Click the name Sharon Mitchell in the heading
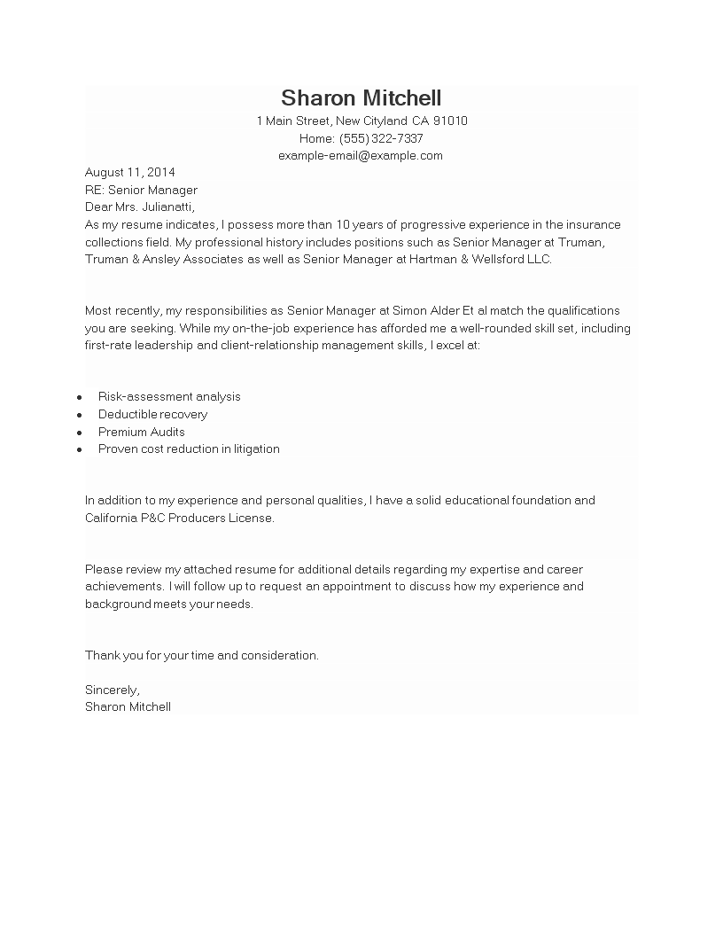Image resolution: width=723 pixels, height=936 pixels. click(361, 98)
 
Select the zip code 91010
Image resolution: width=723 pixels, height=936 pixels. click(451, 121)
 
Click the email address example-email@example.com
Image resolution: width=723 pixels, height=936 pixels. click(361, 156)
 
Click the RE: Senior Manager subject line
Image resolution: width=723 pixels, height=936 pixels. click(141, 190)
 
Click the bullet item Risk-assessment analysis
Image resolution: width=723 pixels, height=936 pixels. click(169, 397)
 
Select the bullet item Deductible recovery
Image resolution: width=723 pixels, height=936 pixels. click(152, 415)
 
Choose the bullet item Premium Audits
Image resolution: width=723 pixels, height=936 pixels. click(142, 432)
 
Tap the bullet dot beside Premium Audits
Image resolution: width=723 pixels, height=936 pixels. click(80, 433)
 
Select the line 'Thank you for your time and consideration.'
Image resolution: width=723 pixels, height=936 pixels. click(202, 656)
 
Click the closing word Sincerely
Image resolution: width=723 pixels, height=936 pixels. click(112, 690)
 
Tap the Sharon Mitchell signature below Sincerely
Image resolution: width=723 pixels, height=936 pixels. click(128, 707)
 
